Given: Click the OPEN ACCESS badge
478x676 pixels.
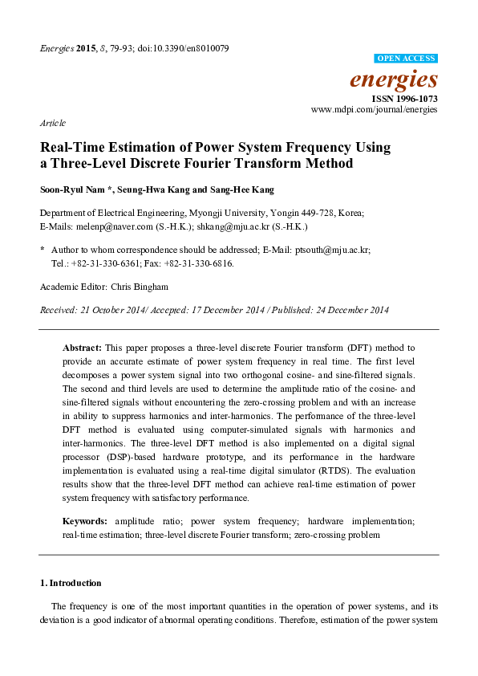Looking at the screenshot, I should click(x=406, y=59).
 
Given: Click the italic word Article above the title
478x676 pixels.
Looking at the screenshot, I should click(x=52, y=124).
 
